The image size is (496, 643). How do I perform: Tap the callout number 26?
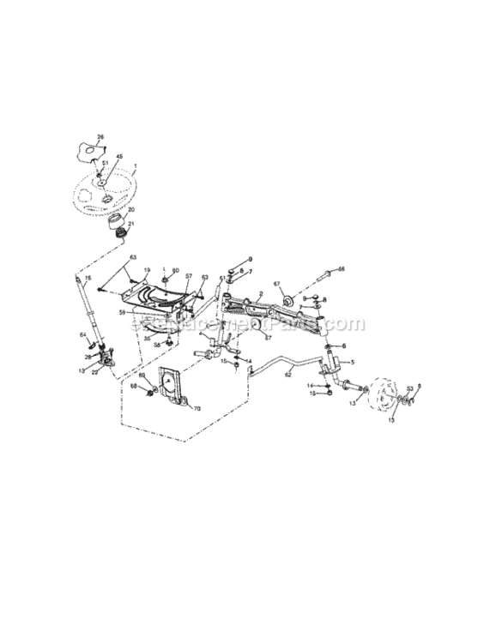click(100, 137)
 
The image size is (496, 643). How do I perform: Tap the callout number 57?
click(188, 277)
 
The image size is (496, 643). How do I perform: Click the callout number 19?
click(147, 270)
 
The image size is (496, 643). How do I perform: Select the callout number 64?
click(83, 334)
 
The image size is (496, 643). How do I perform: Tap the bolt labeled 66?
click(324, 276)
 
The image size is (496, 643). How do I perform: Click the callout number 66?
click(341, 268)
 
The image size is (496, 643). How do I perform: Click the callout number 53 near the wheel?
click(409, 388)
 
